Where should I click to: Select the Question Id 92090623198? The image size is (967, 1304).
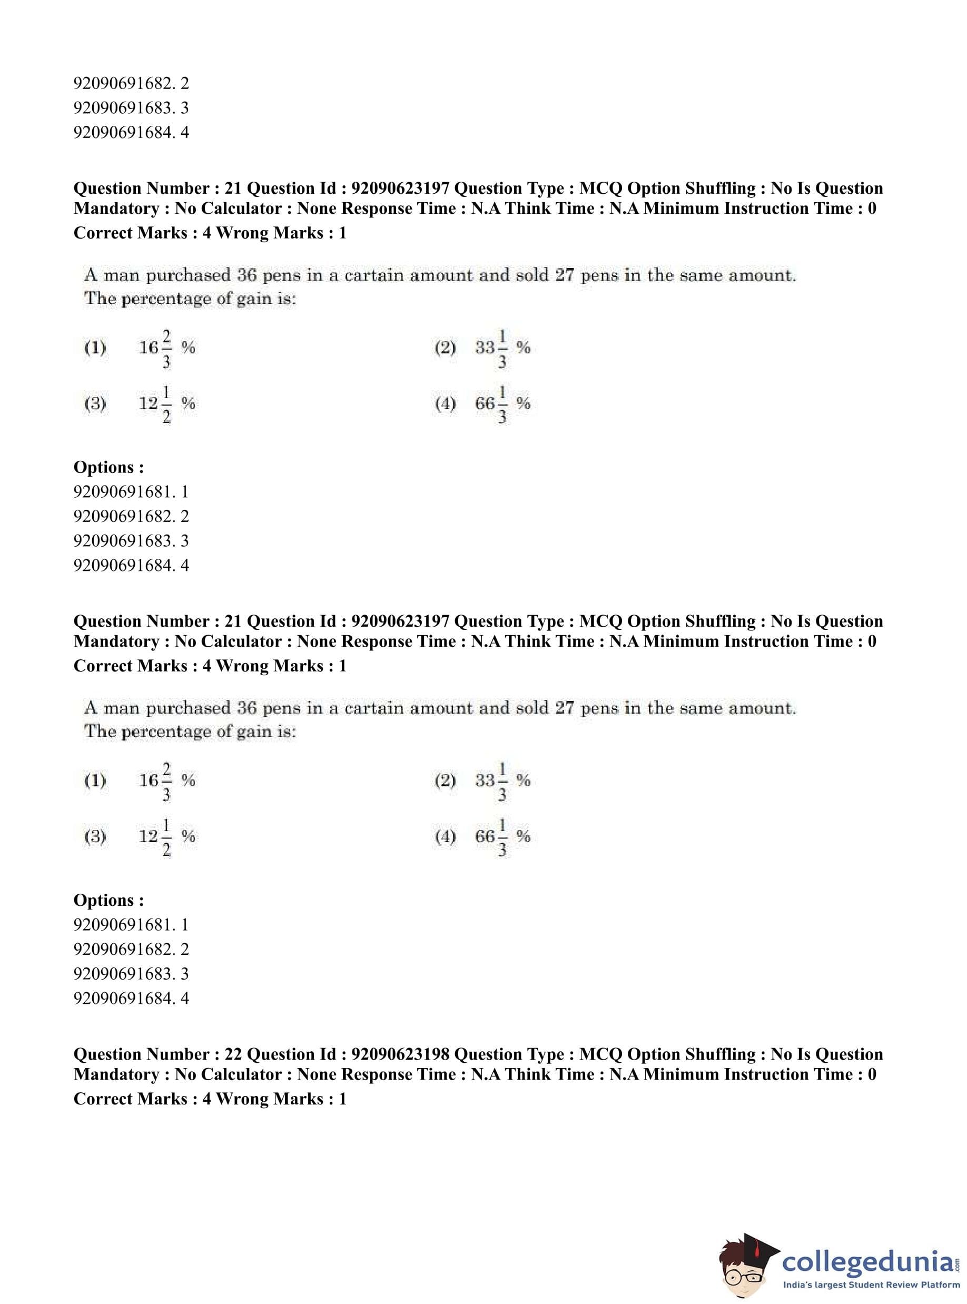pos(400,1054)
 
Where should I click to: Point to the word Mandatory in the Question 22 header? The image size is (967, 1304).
pos(116,1074)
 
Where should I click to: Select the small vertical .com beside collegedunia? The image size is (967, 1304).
pos(957,1263)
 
